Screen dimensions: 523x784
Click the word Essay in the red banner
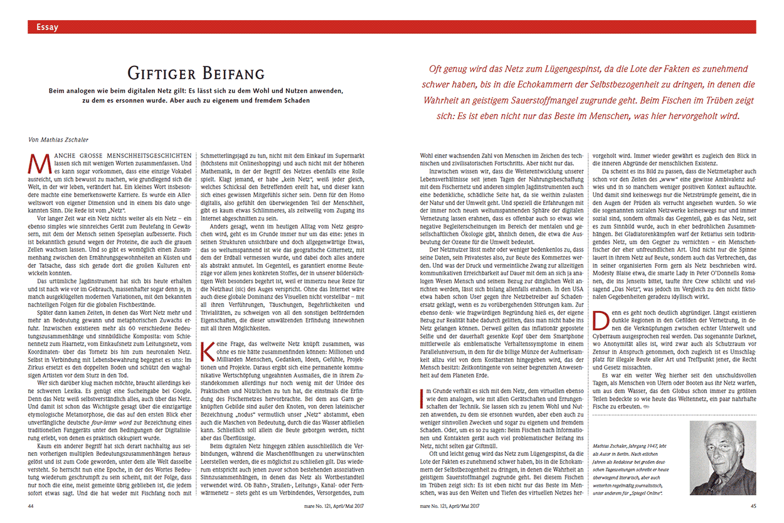48,27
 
